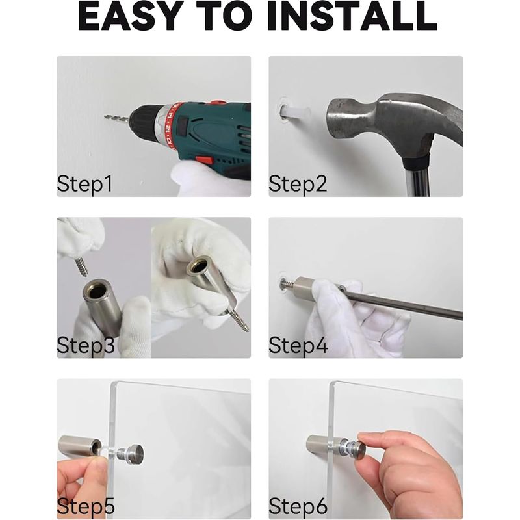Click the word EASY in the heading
coord(131,17)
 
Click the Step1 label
coord(85,184)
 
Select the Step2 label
coord(298,184)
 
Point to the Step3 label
coord(86,345)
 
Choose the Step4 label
coord(298,345)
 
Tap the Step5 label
coord(86,506)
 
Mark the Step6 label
coord(298,506)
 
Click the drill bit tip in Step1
coord(106,117)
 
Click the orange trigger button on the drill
coord(204,159)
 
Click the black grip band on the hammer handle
coord(415,163)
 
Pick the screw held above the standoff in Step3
coord(81,265)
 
